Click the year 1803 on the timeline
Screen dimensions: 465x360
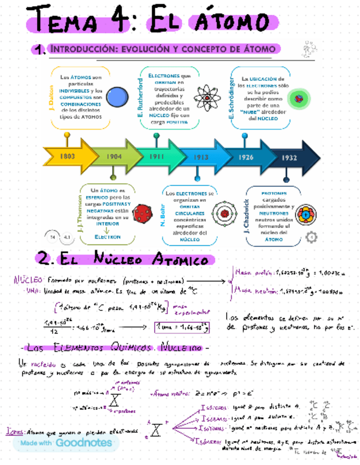[67, 156]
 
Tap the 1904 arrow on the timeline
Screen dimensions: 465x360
[114, 156]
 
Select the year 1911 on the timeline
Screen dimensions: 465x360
[157, 156]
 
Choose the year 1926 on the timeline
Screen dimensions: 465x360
[246, 157]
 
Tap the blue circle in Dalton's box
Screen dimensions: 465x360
[116, 97]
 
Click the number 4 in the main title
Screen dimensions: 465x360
[122, 22]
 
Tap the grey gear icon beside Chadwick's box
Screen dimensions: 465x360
[311, 237]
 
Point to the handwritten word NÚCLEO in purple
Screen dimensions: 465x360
[25, 279]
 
